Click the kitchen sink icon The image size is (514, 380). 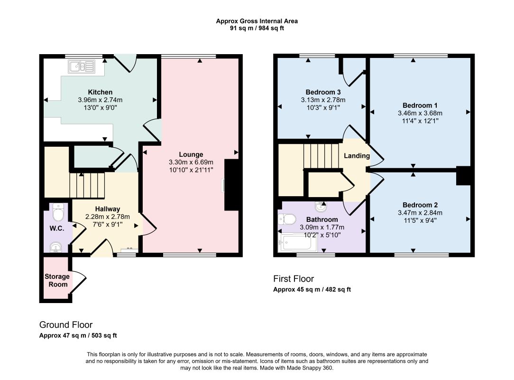pos(82,66)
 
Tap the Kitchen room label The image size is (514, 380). pos(100,92)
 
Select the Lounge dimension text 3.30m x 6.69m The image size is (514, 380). pos(191,162)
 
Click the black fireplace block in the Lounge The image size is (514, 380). pos(231,185)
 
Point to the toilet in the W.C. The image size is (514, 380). pos(58,212)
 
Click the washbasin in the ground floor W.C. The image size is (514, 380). pos(56,247)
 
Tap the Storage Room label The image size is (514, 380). pos(57,280)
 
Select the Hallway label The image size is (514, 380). pos(108,209)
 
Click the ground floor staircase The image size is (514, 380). pos(87,185)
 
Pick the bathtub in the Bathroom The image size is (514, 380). pos(297,242)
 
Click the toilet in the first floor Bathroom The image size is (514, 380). pos(287,219)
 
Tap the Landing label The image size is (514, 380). pos(357,156)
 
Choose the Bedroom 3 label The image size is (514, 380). pos(323,92)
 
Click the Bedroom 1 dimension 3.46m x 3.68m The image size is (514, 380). pos(420,114)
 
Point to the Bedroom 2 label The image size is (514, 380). pos(420,205)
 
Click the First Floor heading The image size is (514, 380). pos(294,279)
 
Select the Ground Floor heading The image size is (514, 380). pos(66,325)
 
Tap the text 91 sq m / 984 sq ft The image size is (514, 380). pos(257,28)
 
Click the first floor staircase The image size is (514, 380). pos(321,156)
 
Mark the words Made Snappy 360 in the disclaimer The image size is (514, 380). pos(310,368)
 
